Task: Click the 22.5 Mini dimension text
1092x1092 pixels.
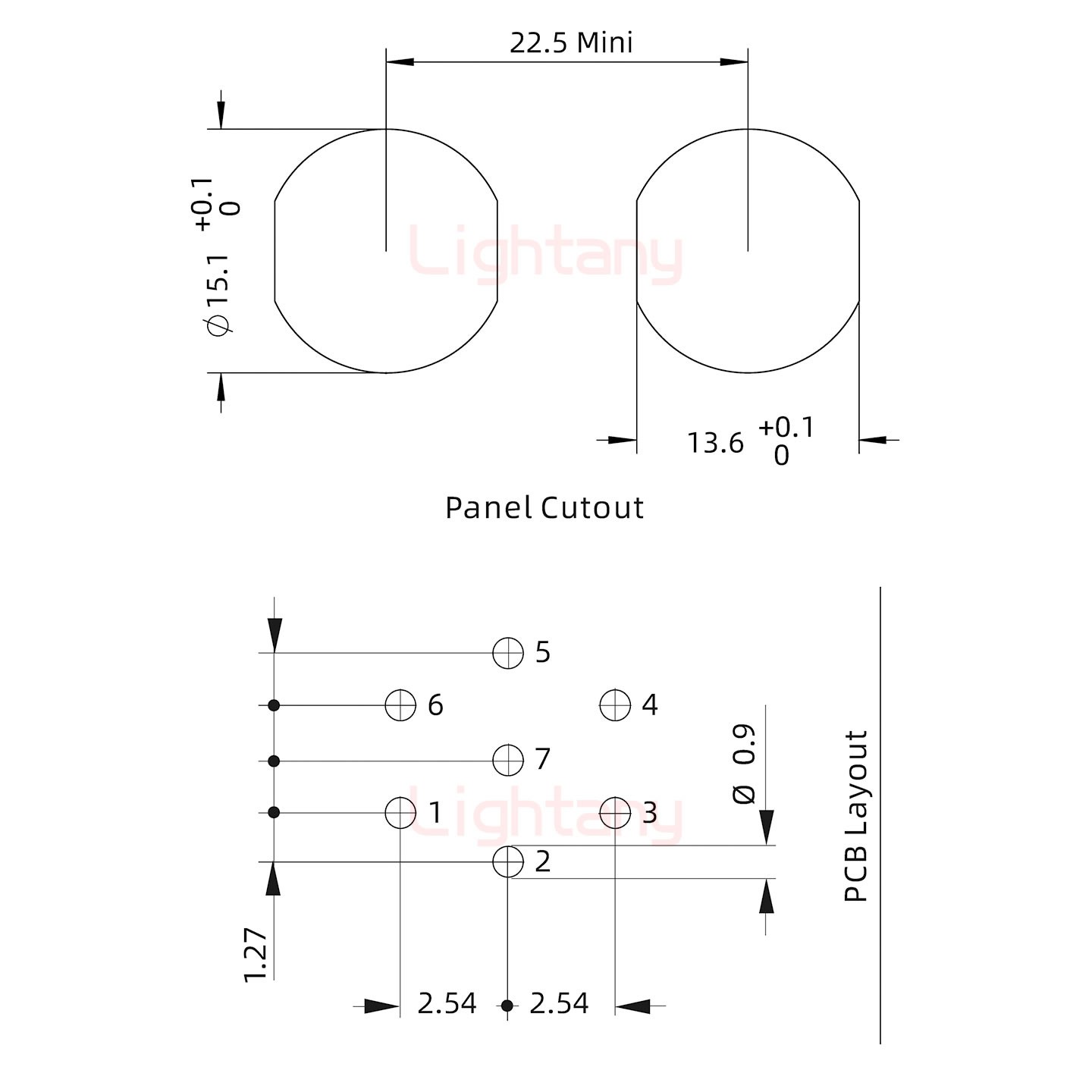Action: pyautogui.click(x=571, y=42)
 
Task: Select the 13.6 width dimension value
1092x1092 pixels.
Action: pyautogui.click(x=715, y=443)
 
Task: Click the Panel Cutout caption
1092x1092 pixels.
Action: pyautogui.click(x=544, y=507)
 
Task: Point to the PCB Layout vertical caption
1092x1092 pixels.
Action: pyautogui.click(x=855, y=816)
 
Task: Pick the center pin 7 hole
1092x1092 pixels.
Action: pyautogui.click(x=508, y=760)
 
